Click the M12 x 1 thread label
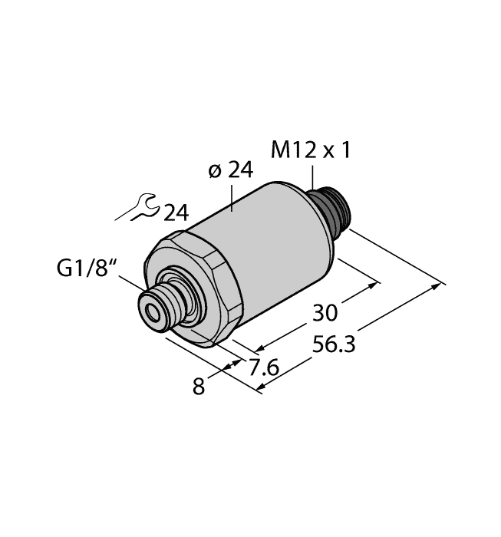(311, 150)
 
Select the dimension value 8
(199, 387)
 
